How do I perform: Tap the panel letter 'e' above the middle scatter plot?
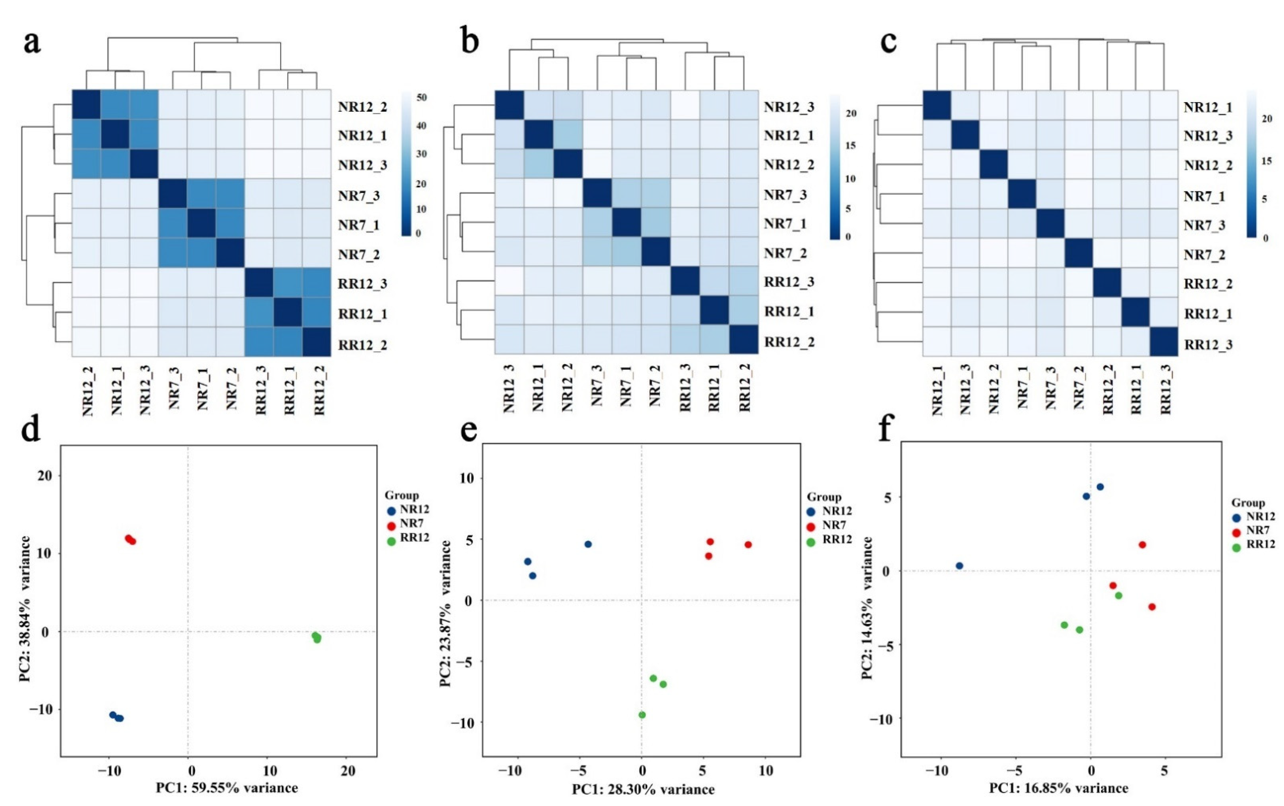coord(468,430)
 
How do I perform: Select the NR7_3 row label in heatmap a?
coord(359,196)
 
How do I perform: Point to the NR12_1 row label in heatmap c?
coord(1208,107)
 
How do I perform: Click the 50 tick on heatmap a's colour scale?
coord(421,97)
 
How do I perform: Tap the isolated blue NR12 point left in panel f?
coord(959,566)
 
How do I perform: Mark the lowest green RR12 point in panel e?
coord(642,715)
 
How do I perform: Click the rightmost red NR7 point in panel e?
coord(748,545)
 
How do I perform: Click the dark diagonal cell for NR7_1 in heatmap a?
coord(201,223)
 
